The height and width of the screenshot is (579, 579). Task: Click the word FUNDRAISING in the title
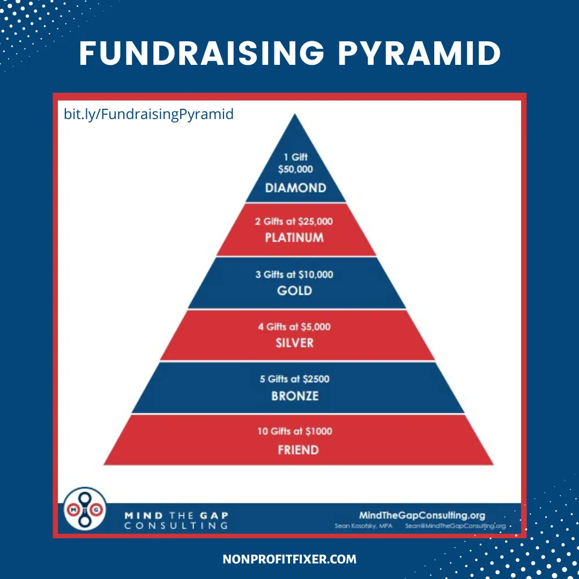(x=198, y=53)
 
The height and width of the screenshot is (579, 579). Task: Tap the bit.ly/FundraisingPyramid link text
(x=149, y=114)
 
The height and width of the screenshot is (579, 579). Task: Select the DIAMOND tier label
(x=295, y=188)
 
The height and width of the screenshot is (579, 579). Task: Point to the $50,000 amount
(x=295, y=169)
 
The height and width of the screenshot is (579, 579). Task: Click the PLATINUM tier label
(x=294, y=237)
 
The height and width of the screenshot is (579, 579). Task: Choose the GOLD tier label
(x=294, y=291)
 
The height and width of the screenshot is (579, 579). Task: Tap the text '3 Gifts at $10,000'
(x=294, y=274)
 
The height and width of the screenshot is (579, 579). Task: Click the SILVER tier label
(x=294, y=343)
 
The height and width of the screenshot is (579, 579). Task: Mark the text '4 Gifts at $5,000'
(x=294, y=326)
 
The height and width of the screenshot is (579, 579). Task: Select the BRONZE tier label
(x=294, y=396)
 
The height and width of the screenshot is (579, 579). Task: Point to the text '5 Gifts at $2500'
(x=294, y=379)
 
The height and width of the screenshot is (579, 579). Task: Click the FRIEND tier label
(x=298, y=449)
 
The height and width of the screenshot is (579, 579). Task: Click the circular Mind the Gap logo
(x=85, y=509)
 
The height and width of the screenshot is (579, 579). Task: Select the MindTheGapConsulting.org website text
(x=422, y=516)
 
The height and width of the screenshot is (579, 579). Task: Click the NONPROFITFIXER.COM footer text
(x=289, y=559)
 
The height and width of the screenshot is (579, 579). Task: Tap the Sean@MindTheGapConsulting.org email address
(x=455, y=526)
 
